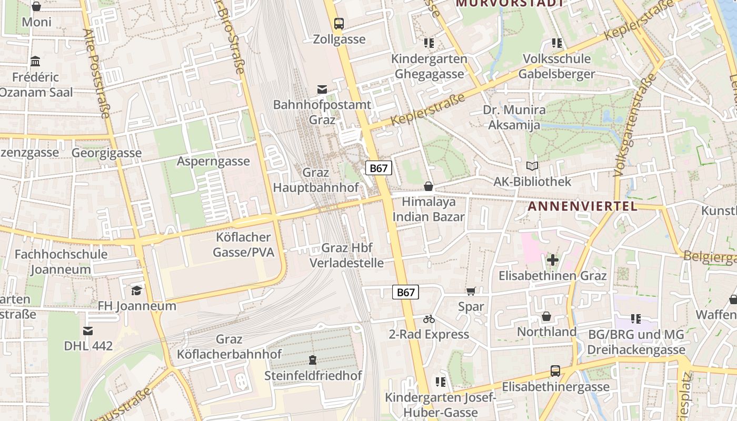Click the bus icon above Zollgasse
(339, 23)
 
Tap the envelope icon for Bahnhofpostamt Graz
(322, 89)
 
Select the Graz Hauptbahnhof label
(316, 180)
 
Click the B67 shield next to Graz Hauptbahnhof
(379, 168)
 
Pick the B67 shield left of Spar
(405, 293)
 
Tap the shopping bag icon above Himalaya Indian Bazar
(429, 186)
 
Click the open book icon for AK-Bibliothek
(532, 166)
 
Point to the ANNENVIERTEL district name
(582, 206)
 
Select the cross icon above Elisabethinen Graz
(552, 260)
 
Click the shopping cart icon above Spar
(471, 291)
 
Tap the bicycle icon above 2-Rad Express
(429, 319)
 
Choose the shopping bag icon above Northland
(546, 316)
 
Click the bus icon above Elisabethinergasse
(555, 371)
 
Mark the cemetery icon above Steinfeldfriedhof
(313, 360)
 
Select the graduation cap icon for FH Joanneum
(137, 290)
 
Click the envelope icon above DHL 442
(88, 330)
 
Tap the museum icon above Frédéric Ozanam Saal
(35, 62)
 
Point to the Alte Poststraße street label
(96, 74)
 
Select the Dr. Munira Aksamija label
(514, 117)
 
